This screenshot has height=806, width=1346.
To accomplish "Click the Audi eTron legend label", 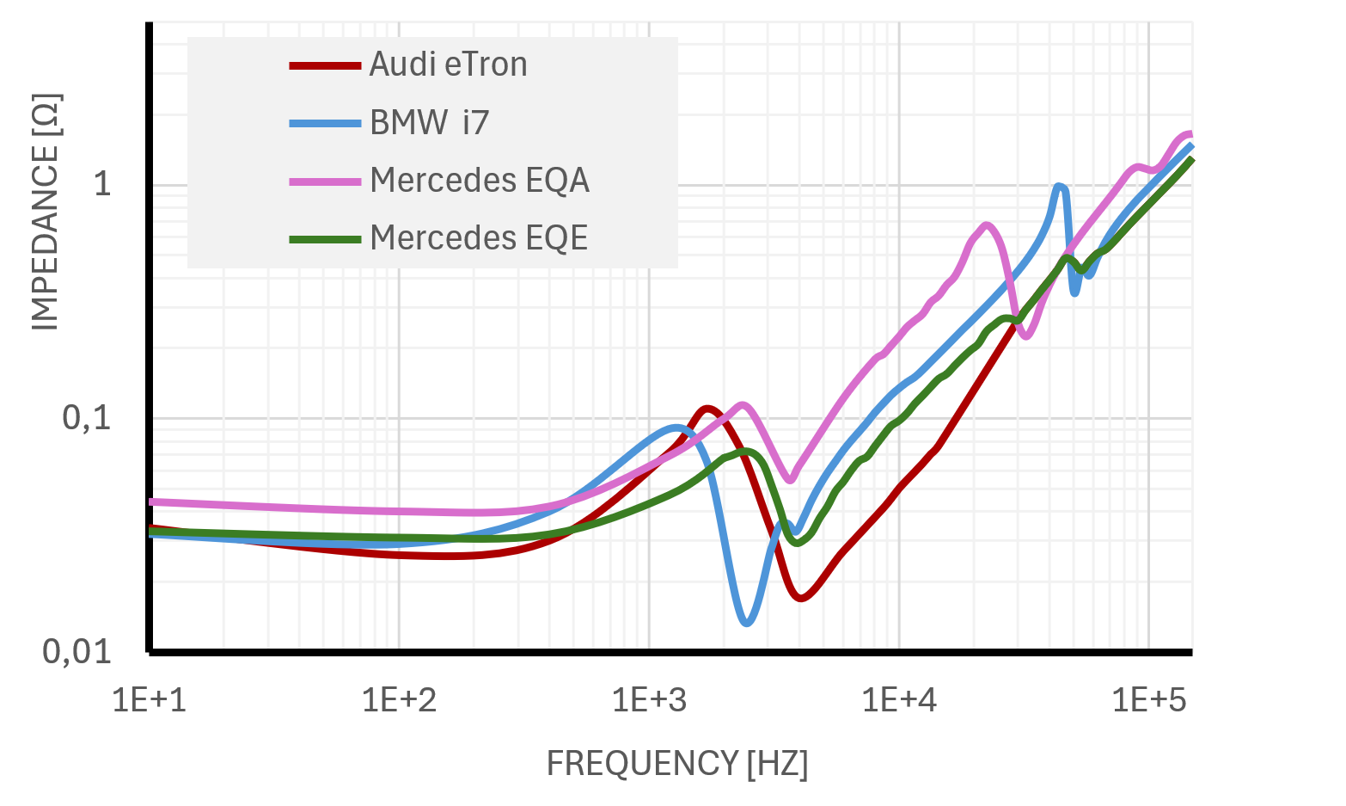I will [x=448, y=65].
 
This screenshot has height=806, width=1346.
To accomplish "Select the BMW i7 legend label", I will [x=429, y=123].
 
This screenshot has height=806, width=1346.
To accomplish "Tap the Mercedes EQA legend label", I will [x=480, y=181].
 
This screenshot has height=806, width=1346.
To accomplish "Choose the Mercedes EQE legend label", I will [x=479, y=238].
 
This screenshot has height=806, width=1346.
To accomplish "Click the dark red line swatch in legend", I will [x=325, y=65].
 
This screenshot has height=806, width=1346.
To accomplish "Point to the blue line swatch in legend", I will [x=325, y=124].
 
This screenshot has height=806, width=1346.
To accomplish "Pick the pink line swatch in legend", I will [x=325, y=182].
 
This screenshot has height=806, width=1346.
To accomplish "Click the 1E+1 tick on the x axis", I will [x=150, y=700].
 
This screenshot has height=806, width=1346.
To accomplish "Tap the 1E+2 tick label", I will [x=399, y=700].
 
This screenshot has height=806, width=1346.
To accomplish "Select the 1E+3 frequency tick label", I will [x=650, y=700].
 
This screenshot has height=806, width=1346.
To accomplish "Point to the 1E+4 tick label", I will [x=899, y=700].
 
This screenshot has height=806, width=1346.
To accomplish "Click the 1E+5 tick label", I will [x=1149, y=700].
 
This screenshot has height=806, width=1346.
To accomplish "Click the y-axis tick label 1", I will [x=102, y=184].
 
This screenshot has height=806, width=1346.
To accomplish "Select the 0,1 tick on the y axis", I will [x=88, y=418].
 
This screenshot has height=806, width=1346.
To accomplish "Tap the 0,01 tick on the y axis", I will [x=78, y=652].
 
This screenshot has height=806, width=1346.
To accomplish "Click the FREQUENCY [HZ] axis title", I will [x=677, y=764].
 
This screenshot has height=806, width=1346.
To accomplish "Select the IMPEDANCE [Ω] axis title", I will [x=46, y=212].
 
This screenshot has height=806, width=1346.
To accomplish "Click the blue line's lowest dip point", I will [x=747, y=621].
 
